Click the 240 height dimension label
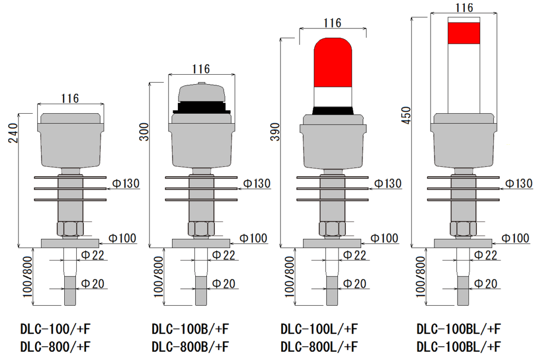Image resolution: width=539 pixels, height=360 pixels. tap(14, 133)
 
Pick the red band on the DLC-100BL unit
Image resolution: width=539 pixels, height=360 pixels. tap(464, 33)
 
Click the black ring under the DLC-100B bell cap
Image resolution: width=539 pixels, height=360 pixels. tap(202, 107)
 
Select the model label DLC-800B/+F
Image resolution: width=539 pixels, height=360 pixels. tap(190, 347)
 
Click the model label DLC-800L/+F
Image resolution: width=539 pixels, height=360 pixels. tap(320, 347)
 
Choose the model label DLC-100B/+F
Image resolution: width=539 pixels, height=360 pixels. tap(190, 330)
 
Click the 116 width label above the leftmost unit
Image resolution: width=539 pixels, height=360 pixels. tap(70, 98)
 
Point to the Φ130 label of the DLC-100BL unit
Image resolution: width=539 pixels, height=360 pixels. tap(519, 183)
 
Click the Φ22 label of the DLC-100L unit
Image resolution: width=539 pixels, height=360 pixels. tap(355, 255)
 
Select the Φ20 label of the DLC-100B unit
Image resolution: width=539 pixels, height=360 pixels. tap(224, 284)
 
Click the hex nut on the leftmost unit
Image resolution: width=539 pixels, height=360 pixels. tap(70, 229)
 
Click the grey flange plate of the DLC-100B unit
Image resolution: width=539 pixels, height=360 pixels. tap(201, 243)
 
